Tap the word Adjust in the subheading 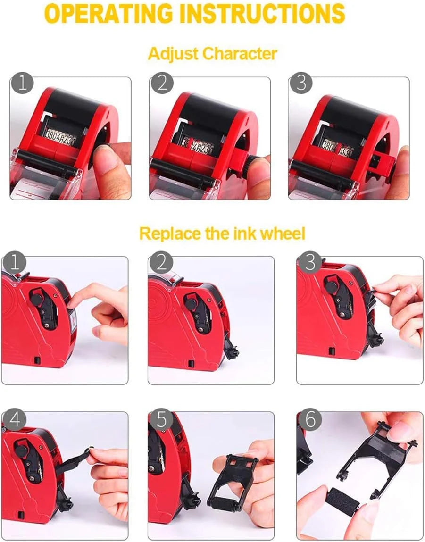pyautogui.click(x=173, y=54)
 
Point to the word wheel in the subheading pyautogui.click(x=283, y=233)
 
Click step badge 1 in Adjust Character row pyautogui.click(x=22, y=83)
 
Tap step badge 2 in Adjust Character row pyautogui.click(x=162, y=83)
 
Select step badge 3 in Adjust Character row pyautogui.click(x=300, y=83)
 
